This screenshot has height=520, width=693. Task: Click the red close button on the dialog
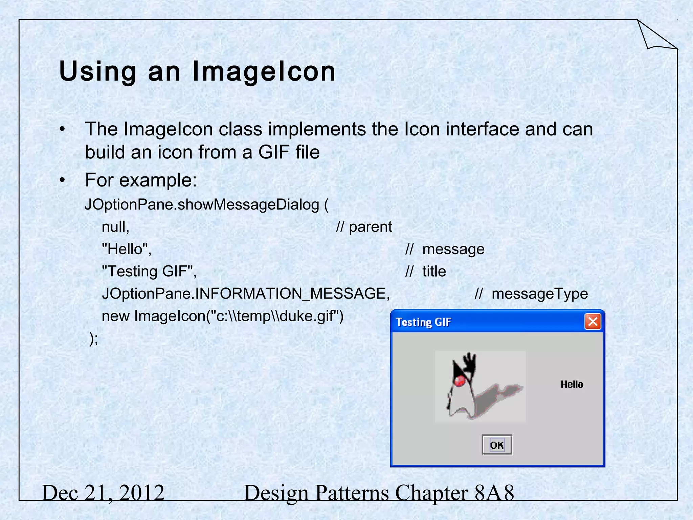point(593,321)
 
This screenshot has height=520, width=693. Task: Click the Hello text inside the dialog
point(572,384)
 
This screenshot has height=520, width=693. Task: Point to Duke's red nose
point(459,382)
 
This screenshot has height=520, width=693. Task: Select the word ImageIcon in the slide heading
point(264,71)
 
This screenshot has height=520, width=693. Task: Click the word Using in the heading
point(97,71)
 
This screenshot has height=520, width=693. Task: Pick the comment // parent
point(364,227)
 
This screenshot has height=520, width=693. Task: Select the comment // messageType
point(531,294)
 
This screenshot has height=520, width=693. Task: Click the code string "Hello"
point(127,249)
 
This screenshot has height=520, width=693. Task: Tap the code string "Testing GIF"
point(149,272)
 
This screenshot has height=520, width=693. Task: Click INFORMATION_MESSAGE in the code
point(291,294)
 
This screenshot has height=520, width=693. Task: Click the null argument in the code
point(115,227)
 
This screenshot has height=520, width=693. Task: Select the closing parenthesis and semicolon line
point(93,338)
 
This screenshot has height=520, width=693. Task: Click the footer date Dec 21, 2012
point(103,493)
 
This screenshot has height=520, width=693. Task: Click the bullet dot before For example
point(62,180)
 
